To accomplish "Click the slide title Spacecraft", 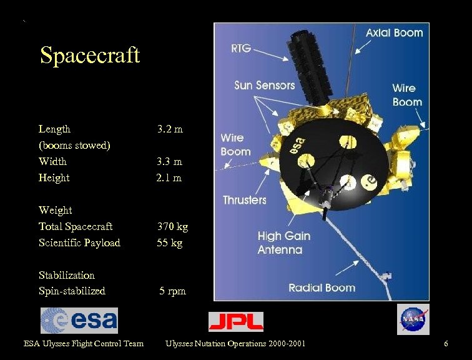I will pyautogui.click(x=90, y=56).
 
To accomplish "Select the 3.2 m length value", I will pyautogui.click(x=170, y=129).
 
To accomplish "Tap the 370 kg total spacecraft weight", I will pyautogui.click(x=172, y=226).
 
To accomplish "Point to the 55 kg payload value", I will pyautogui.click(x=170, y=242).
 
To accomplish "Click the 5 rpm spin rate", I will pyautogui.click(x=172, y=291).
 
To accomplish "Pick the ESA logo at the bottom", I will pyautogui.click(x=79, y=320).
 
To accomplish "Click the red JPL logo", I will pyautogui.click(x=236, y=321).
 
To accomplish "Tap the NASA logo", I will pyautogui.click(x=413, y=319).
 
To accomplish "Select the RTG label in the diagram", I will pyautogui.click(x=241, y=47).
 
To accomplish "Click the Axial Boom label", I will pyautogui.click(x=394, y=32).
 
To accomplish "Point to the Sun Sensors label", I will pyautogui.click(x=264, y=85).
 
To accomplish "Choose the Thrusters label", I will pyautogui.click(x=245, y=200).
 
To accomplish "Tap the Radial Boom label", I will pyautogui.click(x=322, y=287).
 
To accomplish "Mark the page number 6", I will pyautogui.click(x=446, y=343).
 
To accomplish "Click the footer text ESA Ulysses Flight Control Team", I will pyautogui.click(x=84, y=343).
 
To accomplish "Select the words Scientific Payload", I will pyautogui.click(x=79, y=242).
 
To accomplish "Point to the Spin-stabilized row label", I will pyautogui.click(x=72, y=291).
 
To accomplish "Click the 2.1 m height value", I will pyautogui.click(x=169, y=177).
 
